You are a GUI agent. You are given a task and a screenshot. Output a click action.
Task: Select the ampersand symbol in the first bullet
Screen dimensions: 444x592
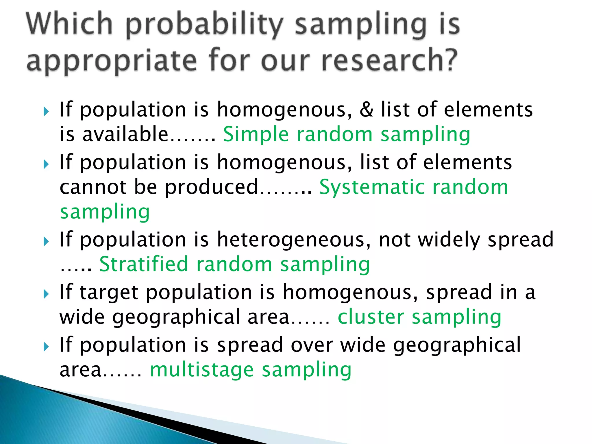pyautogui.click(x=366, y=110)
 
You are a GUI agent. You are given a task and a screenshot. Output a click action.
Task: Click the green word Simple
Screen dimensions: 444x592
pyautogui.click(x=256, y=135)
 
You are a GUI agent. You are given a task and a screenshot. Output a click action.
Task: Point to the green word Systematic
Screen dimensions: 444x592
pyautogui.click(x=372, y=187)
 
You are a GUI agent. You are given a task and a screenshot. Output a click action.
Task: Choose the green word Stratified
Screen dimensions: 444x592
pyautogui.click(x=143, y=264)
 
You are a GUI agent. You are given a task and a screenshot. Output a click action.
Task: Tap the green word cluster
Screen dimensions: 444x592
pyautogui.click(x=371, y=317)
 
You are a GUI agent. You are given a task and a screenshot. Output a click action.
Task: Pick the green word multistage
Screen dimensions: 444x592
pyautogui.click(x=201, y=370)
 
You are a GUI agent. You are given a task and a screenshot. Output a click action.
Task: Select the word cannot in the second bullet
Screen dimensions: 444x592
pyautogui.click(x=93, y=187)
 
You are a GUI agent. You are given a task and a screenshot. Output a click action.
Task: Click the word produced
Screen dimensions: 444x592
pyautogui.click(x=211, y=187)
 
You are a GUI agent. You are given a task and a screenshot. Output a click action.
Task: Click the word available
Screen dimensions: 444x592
pyautogui.click(x=125, y=135)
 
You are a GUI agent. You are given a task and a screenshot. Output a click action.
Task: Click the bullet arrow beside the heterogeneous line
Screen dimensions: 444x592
pyautogui.click(x=46, y=241)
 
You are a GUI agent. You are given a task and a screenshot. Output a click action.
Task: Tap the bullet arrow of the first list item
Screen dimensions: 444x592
pyautogui.click(x=46, y=111)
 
